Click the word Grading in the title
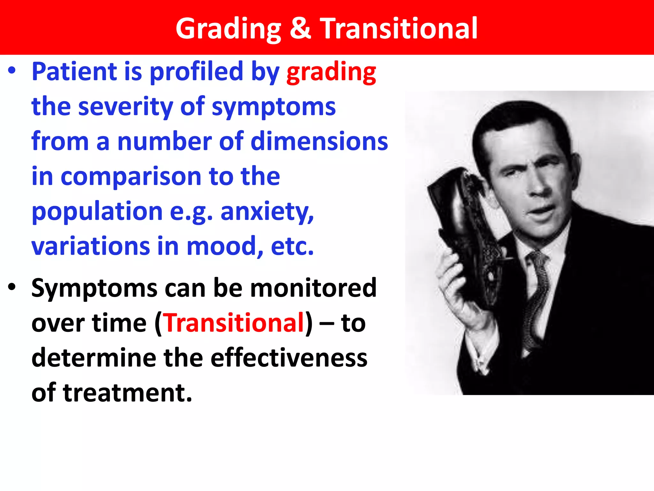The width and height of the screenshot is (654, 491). pos(228,29)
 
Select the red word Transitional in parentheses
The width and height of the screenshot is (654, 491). pos(234,323)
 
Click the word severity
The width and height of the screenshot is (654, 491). pos(125,106)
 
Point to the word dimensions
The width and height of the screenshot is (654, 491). pos(319,141)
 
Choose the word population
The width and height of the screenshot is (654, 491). pos(97,212)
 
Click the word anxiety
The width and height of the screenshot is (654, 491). pos(267,212)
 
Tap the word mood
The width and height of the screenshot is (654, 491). pos(224,246)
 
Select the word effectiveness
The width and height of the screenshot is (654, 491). pos(289,358)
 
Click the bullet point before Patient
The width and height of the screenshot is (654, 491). pos(12,71)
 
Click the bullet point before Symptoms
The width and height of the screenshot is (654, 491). pos(12,287)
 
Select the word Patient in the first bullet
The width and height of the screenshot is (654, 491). pos(74,72)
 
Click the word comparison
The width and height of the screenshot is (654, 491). pos(131,176)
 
